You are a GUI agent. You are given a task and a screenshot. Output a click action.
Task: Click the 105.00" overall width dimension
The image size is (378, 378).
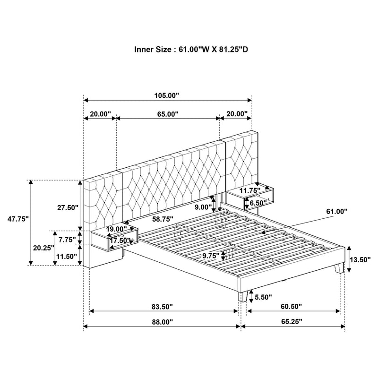pos(167,95)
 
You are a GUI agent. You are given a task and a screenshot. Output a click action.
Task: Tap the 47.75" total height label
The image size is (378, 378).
pos(18,219)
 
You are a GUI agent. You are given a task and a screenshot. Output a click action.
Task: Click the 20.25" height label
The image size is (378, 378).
pos(44,247)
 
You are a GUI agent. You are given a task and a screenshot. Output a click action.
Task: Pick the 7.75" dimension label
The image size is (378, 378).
pos(67,240)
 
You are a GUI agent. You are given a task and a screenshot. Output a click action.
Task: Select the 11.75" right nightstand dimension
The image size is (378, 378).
pos(250,190)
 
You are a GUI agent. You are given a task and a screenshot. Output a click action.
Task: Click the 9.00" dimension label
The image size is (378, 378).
pos(203,206)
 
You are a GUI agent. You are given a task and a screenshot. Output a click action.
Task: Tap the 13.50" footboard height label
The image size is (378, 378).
pos(361,259)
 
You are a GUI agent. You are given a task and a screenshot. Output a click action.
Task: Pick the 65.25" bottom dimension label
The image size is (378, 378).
pos(291,321)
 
